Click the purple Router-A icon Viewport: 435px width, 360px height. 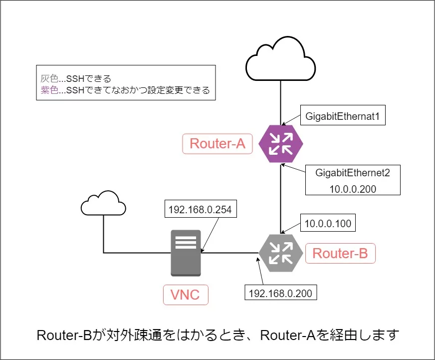pos(281,144)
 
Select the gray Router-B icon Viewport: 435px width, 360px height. pos(281,253)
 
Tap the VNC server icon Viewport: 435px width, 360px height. pos(186,253)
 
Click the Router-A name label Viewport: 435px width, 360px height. pos(217,144)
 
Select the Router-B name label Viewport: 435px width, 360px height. pos(340,253)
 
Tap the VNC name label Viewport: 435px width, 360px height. pos(186,294)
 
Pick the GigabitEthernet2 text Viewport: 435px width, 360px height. pos(352,173)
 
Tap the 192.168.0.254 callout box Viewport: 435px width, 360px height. pos(200,210)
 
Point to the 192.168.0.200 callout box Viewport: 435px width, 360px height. pos(280,293)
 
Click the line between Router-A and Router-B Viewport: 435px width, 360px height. pos(281,200)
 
